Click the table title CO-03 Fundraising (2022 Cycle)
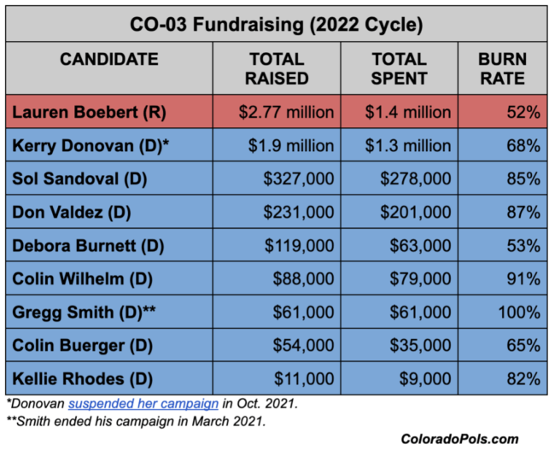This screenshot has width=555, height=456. point(277,24)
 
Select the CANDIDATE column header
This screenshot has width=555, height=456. point(108,60)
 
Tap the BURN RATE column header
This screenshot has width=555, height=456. point(502,69)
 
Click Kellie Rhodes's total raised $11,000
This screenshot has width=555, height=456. point(304,379)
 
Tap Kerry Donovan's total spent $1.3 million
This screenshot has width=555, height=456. point(396,146)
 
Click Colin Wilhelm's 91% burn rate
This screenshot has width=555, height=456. point(522,279)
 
